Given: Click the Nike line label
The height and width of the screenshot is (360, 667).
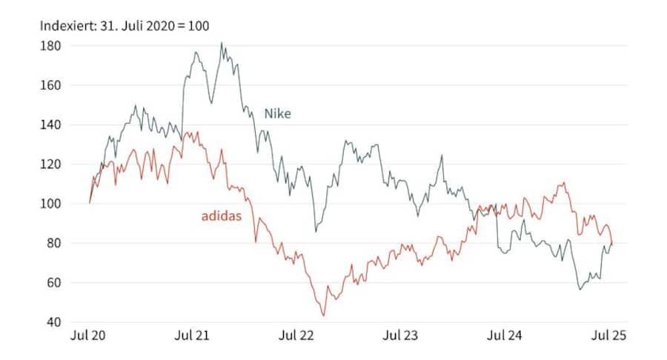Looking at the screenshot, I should tap(278, 113).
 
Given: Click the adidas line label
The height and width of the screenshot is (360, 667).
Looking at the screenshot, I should tap(222, 217).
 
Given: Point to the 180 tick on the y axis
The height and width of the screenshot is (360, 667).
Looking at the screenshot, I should tap(50, 46).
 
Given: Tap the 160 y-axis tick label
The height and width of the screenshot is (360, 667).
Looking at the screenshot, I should tap(50, 85).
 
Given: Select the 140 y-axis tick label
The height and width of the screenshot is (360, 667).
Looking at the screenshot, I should tap(50, 124).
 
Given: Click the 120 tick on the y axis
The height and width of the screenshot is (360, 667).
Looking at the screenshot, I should tap(50, 164).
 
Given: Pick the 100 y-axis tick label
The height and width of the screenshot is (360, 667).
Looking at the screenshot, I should tap(50, 204).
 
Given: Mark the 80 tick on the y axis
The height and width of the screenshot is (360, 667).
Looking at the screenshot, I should tap(53, 243).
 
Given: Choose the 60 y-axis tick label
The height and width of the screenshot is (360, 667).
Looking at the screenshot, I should tap(53, 283).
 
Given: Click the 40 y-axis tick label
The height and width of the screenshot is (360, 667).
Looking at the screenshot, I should tap(53, 322).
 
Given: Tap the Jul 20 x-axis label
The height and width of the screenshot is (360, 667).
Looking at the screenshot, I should tap(88, 336).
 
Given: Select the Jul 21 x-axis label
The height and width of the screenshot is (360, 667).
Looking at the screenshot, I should tap(193, 336).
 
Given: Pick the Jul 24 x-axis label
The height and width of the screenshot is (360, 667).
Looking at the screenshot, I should tap(505, 336).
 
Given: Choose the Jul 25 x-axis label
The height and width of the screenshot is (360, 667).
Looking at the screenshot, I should tap(610, 336).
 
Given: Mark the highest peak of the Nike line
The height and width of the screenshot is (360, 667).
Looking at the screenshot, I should tap(222, 43).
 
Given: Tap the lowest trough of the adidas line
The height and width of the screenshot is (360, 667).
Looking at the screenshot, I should tap(323, 316).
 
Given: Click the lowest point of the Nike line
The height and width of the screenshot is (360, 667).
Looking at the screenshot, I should tap(580, 289).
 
